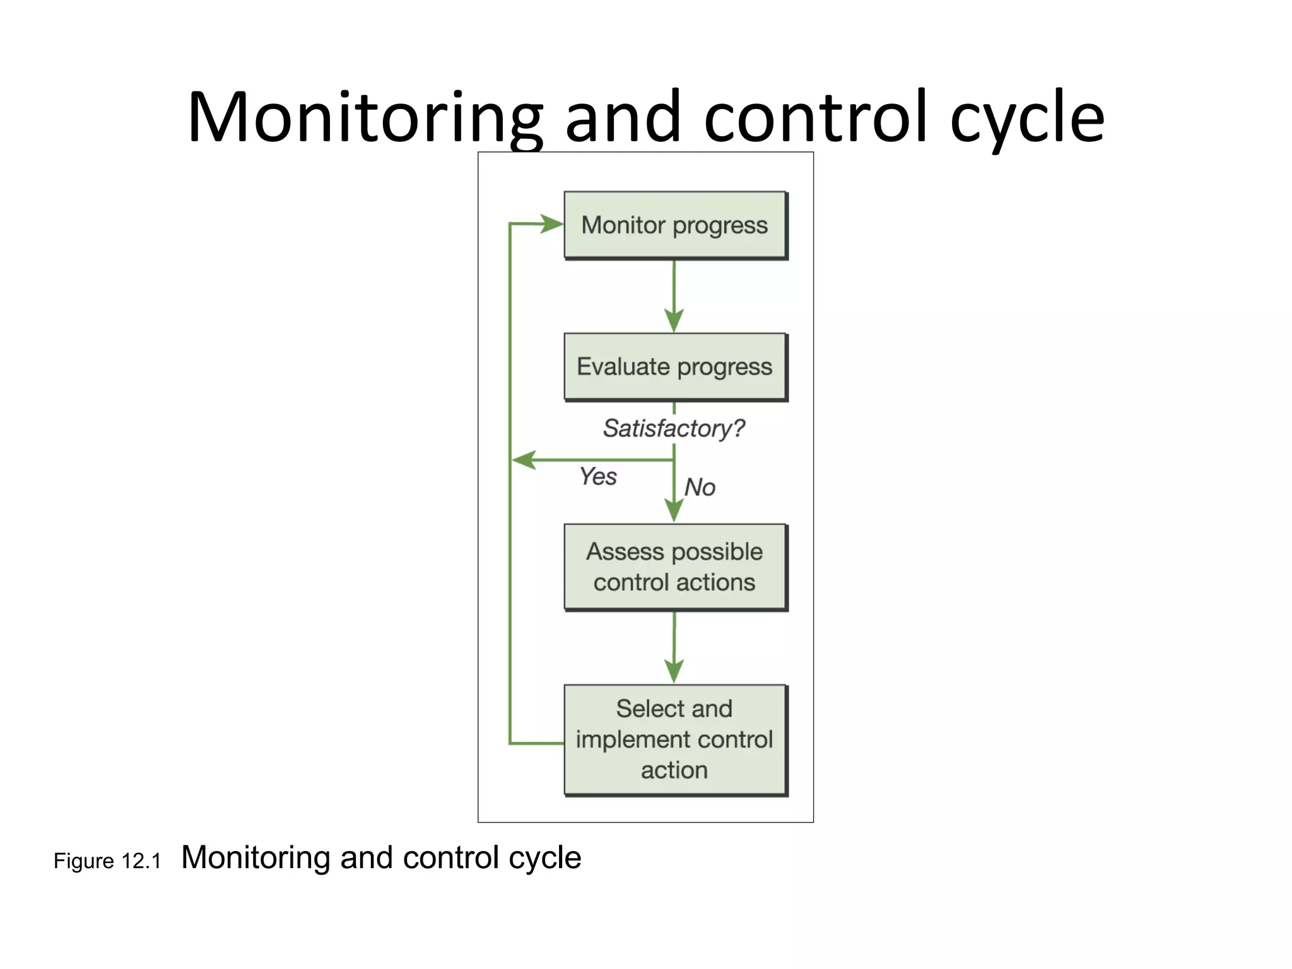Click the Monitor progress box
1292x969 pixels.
[675, 225]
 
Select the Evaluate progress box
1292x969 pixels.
[675, 367]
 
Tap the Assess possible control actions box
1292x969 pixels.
[675, 567]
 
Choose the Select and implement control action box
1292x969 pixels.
[675, 739]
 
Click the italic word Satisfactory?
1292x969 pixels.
[674, 428]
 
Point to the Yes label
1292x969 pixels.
[598, 476]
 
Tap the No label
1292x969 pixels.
[700, 487]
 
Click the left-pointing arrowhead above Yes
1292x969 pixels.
[524, 460]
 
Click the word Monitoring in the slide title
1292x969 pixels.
[365, 118]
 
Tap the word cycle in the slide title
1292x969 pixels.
[1027, 118]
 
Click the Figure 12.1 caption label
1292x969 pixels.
[107, 861]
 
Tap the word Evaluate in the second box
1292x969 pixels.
[623, 367]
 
